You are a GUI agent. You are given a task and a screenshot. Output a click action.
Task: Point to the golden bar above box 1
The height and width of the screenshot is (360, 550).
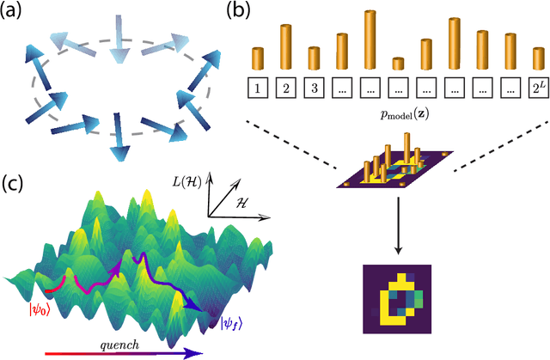pyautogui.click(x=257, y=59)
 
